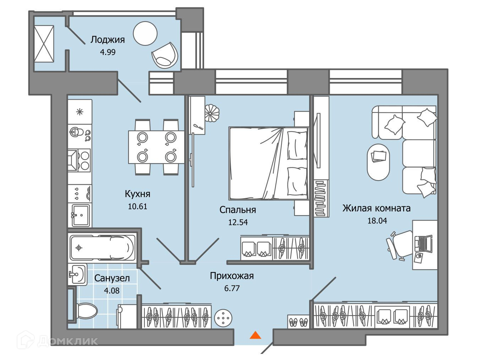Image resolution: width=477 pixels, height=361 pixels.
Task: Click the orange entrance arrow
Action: point(255,335)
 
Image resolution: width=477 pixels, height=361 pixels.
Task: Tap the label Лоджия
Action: point(108,39)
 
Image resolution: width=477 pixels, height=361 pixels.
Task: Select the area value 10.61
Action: point(137,206)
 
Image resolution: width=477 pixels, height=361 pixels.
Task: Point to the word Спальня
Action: point(237,210)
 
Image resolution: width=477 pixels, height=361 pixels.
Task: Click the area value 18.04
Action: point(377,221)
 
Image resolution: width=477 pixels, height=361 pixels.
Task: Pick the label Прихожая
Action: point(232,276)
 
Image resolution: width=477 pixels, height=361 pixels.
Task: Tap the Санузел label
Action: point(112,278)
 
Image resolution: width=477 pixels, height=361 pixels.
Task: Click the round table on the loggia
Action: point(145,33)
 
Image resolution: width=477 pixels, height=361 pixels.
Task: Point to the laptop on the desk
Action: point(424,243)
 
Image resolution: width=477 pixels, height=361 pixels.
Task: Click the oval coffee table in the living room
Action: point(378,161)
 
